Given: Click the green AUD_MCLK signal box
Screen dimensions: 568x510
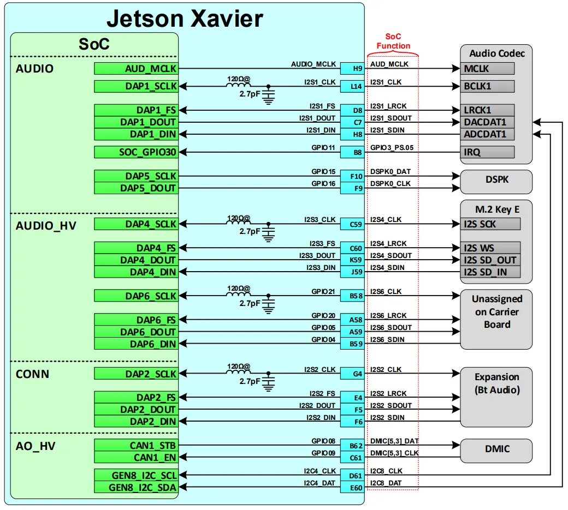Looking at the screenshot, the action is click(135, 68).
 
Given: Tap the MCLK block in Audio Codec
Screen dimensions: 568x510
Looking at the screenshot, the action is click(488, 68).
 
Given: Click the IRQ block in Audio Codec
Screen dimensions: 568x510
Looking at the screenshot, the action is click(488, 152).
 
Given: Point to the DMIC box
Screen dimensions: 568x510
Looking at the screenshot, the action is click(495, 449).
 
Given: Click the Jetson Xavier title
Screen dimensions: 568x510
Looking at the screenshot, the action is click(185, 19).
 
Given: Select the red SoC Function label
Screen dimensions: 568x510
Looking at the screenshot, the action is click(393, 42).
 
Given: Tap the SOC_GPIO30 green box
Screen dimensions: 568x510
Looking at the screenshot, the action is click(135, 152).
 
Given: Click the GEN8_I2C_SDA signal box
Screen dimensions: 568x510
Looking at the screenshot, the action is click(135, 487).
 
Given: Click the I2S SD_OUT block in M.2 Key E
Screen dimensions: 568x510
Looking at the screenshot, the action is click(490, 260).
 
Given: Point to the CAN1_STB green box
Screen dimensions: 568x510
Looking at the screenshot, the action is click(135, 445).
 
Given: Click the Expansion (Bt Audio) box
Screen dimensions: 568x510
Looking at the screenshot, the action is click(496, 397).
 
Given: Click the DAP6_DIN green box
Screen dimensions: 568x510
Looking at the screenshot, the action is click(135, 344).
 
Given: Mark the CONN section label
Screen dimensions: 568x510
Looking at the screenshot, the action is click(32, 374).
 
